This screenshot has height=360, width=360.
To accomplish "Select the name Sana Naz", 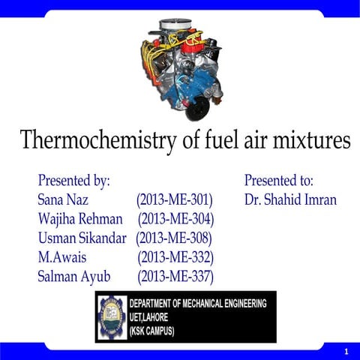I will [x=63, y=200].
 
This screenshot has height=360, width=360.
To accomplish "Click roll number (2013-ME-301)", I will [x=175, y=200].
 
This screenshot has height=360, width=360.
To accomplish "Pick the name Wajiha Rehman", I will [x=80, y=220].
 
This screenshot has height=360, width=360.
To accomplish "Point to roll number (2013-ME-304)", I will [x=175, y=220].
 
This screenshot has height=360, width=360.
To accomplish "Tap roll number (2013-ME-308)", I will [x=174, y=238].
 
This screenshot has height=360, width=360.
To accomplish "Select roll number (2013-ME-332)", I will [x=175, y=258].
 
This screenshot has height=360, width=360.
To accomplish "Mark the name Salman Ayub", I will [x=74, y=277].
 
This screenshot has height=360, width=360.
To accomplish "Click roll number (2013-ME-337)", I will [x=175, y=277].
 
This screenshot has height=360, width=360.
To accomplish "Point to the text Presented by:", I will [x=74, y=181].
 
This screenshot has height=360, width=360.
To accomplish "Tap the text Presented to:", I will [x=279, y=181].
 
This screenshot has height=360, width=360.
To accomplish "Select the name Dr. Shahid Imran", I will [x=290, y=200].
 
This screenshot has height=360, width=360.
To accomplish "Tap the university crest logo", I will [x=112, y=316].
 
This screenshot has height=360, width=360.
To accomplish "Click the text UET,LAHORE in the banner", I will [x=154, y=316].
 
